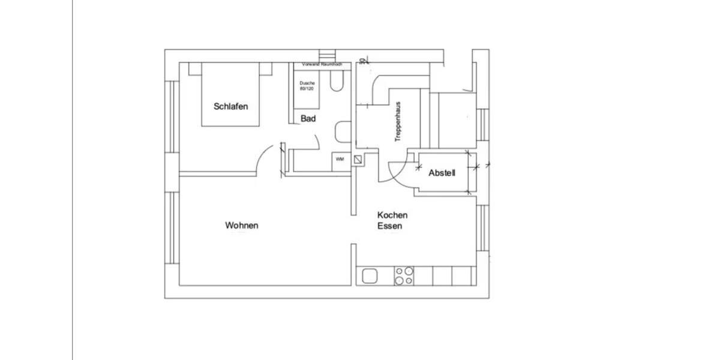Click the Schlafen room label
click(230, 106)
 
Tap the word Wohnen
click(241, 226)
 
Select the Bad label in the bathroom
click(308, 119)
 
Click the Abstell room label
click(442, 173)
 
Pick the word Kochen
click(392, 215)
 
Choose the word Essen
click(389, 226)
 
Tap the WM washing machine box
click(340, 160)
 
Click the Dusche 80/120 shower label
click(307, 86)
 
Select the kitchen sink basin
click(369, 276)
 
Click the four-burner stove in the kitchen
click(403, 276)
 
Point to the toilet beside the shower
click(336, 82)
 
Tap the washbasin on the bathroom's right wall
click(343, 131)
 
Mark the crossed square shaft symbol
click(358, 160)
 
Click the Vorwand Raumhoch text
click(322, 64)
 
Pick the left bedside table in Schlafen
click(195, 69)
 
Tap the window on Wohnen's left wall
click(172, 227)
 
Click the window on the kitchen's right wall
click(481, 227)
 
